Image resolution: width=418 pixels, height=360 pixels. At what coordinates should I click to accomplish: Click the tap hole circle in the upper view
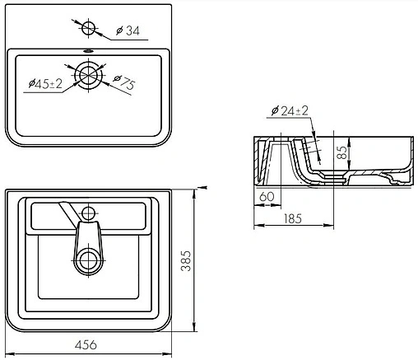click(89, 28)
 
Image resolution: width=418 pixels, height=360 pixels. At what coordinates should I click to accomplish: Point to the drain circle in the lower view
click(88, 262)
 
